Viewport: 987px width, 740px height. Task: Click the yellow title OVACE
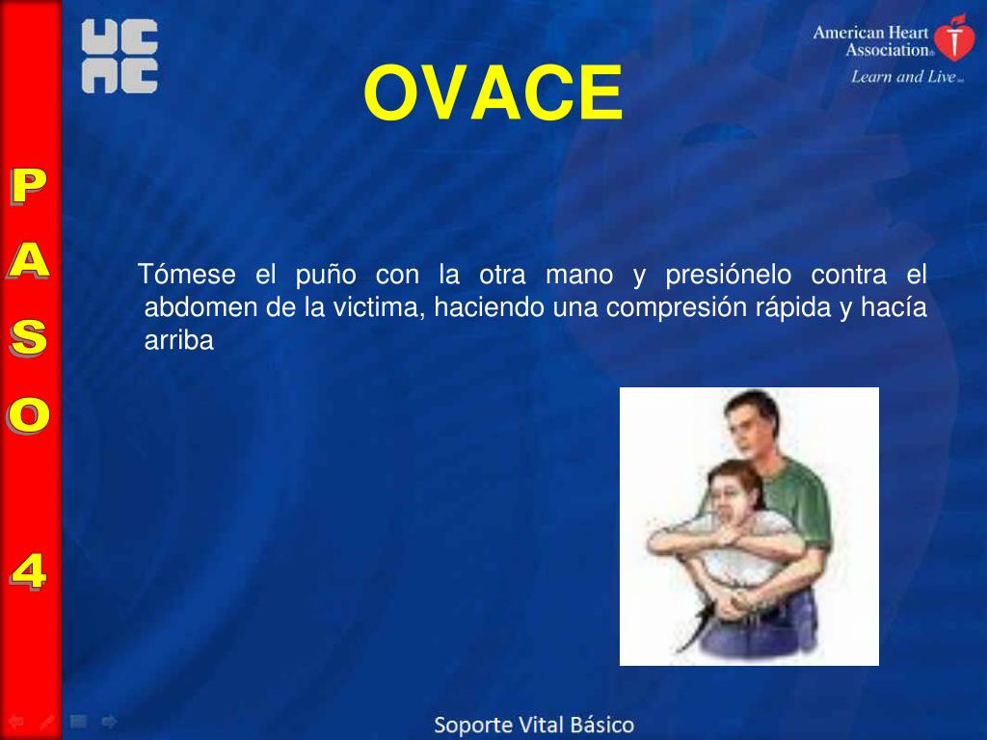493,93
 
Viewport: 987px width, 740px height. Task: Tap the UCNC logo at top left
120,58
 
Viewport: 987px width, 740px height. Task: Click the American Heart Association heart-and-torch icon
954,38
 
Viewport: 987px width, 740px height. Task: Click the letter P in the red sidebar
27,187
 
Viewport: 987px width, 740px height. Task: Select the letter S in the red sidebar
28,337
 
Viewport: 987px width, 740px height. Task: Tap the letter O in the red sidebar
28,414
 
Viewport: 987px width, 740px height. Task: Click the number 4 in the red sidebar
28,571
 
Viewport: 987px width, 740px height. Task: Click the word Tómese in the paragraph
187,275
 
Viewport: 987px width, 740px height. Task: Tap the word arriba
178,340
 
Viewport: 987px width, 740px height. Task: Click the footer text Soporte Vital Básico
534,725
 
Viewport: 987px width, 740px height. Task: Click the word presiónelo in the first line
729,275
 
